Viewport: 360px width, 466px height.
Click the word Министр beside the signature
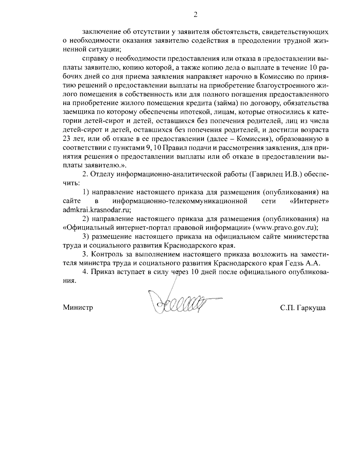78,308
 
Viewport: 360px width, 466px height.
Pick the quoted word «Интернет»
310,200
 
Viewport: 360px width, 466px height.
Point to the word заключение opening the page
101,32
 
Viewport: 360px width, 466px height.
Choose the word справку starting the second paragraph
96,58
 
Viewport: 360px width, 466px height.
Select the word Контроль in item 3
106,254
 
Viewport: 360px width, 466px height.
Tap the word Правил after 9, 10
174,148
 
